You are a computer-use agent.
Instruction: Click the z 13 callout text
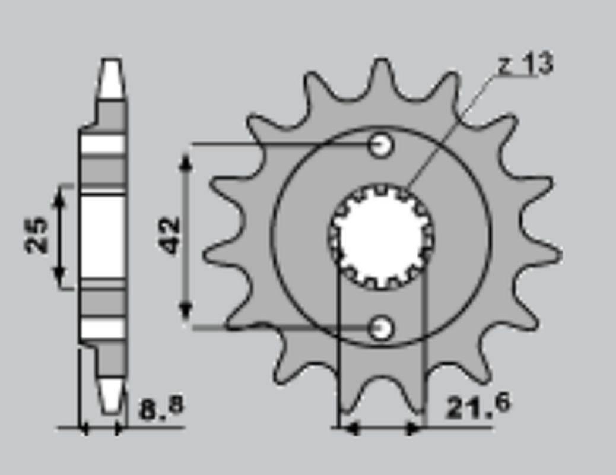tap(525, 64)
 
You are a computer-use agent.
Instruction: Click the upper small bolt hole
tap(380, 144)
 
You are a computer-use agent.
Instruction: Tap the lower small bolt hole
tap(380, 327)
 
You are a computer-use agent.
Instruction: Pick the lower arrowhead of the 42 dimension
tap(186, 311)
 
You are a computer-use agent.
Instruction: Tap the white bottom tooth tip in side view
tap(110, 395)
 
